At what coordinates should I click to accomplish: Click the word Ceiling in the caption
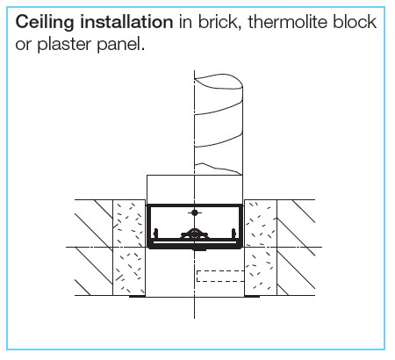45,23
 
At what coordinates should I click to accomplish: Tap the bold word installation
126,22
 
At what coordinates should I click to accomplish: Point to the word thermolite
288,22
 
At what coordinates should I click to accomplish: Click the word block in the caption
355,22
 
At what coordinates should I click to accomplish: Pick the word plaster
64,45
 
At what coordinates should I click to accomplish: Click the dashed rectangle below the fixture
220,277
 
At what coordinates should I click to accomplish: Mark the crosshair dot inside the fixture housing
195,212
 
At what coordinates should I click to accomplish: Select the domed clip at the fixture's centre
194,234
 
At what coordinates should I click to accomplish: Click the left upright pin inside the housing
156,234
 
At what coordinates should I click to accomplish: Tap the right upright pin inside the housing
233,234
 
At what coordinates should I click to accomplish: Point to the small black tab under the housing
199,249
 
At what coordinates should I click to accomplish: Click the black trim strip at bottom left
137,296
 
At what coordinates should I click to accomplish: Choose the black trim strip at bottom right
252,296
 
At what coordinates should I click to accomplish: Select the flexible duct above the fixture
219,125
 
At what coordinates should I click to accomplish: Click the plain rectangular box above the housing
195,190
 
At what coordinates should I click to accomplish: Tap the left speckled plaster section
129,248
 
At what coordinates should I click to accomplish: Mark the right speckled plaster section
261,248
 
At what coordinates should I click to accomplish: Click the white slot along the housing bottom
195,242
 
